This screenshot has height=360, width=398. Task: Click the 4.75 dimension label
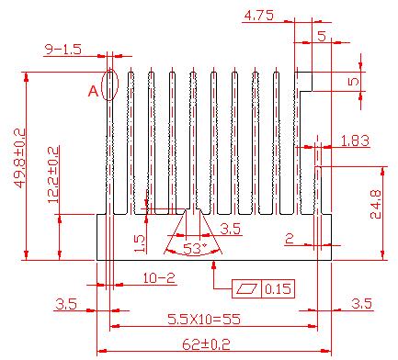[x=259, y=16]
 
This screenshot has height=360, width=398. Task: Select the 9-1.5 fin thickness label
[x=63, y=50]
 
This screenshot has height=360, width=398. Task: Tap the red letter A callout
[x=93, y=91]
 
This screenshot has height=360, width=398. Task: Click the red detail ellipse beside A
[x=110, y=84]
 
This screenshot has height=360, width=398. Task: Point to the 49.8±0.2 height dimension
[x=20, y=158]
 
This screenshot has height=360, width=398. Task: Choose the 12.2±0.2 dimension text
[x=53, y=174]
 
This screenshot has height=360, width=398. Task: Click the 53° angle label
[x=195, y=249]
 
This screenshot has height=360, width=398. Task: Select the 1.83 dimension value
[x=355, y=141]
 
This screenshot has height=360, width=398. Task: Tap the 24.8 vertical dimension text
[x=376, y=204]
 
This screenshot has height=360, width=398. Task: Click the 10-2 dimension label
[x=159, y=278]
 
